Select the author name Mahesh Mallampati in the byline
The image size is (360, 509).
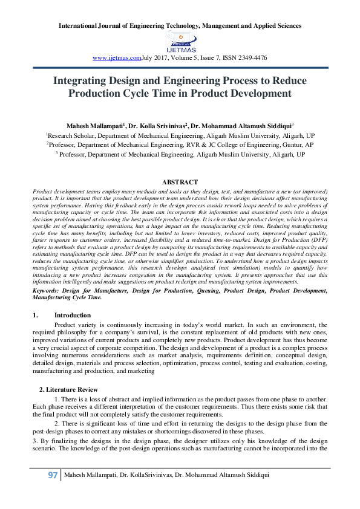(94, 126)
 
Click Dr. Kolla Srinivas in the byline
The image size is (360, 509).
(157, 126)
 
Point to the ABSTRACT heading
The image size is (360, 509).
(180, 182)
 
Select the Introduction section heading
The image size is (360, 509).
(72, 316)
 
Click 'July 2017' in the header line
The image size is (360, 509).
(155, 58)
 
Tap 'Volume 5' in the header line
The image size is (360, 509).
(188, 58)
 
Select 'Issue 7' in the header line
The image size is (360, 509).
(217, 58)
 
